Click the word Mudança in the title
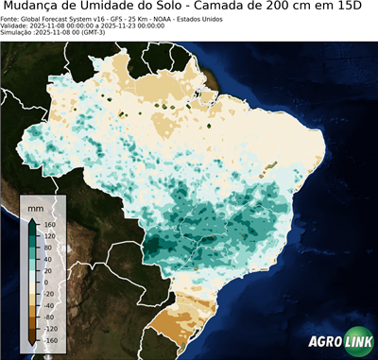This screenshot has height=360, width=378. point(37,8)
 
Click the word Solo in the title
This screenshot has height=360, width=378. point(179,8)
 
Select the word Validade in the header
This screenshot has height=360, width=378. point(18,26)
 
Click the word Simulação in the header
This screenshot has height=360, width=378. point(18,33)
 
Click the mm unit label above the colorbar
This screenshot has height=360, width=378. point(36,205)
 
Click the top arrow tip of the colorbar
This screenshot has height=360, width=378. point(33,216)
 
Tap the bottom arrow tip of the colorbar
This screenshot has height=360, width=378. point(33,347)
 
